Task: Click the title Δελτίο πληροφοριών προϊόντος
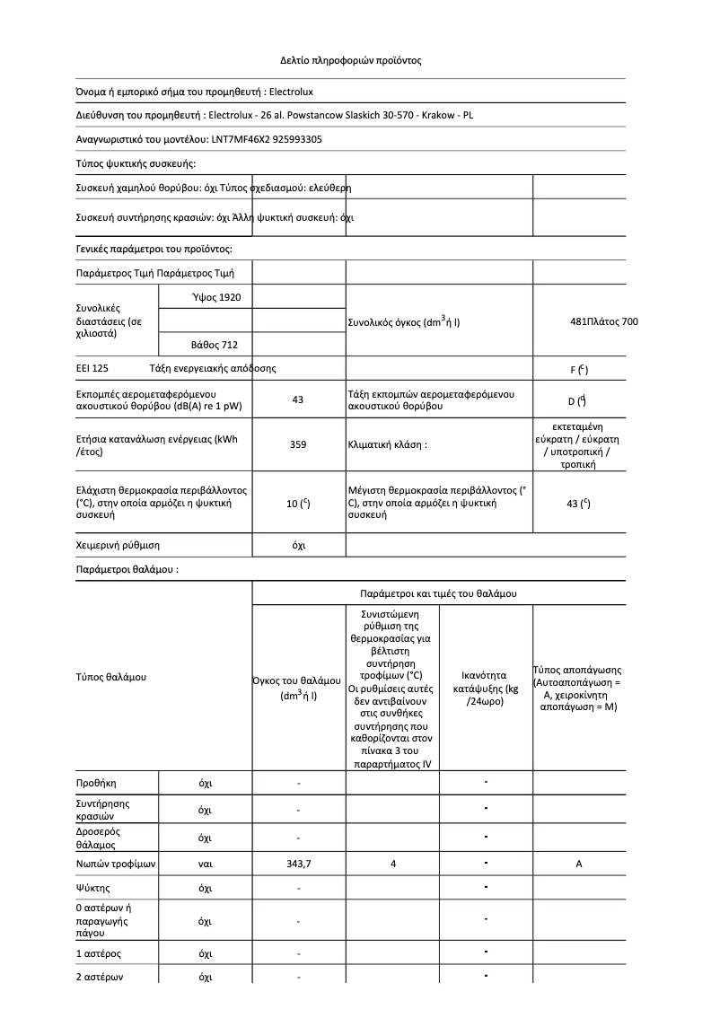click(350, 61)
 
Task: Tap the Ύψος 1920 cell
click(216, 297)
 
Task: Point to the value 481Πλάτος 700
click(604, 321)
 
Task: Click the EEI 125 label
click(92, 369)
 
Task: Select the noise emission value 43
click(298, 400)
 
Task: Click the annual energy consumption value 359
click(298, 444)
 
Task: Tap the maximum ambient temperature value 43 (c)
click(578, 505)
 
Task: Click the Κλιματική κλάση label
click(387, 444)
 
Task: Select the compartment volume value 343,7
click(298, 864)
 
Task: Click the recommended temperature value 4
click(393, 864)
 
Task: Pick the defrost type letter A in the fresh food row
click(578, 864)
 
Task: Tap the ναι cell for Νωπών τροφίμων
click(205, 864)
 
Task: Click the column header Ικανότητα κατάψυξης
click(486, 688)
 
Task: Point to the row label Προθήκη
click(96, 784)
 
